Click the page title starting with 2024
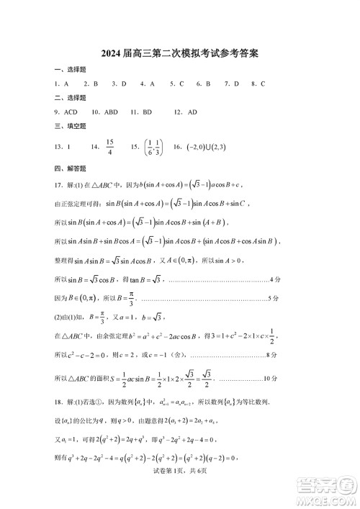180,53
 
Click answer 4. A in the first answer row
148,84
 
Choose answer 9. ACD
66,112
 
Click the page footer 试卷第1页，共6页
180,490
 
